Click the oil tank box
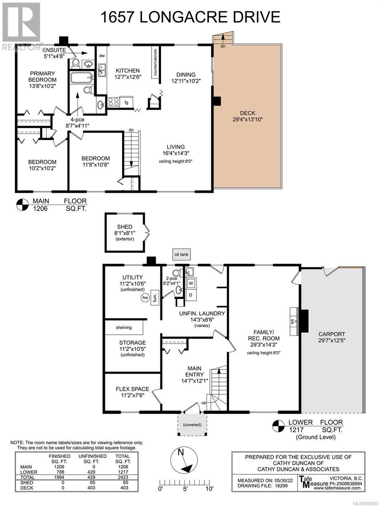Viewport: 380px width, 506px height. tap(182, 255)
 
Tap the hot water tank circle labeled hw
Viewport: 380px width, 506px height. tap(145, 298)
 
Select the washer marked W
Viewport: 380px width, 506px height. tap(191, 283)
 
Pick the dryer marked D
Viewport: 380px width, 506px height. tap(191, 295)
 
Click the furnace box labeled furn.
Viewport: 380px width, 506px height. tap(155, 297)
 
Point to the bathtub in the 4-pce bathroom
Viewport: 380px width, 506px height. tap(81, 78)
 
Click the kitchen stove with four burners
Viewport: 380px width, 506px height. tap(114, 102)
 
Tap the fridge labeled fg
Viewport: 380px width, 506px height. tap(126, 102)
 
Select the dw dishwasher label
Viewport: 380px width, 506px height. tap(102, 56)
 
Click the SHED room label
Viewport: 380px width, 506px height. tap(125, 227)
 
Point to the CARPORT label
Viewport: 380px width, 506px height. tap(331, 334)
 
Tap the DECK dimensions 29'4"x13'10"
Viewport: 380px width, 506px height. tap(247, 119)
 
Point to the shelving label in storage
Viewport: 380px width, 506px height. tap(124, 327)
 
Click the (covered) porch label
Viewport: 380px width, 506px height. tap(192, 425)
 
